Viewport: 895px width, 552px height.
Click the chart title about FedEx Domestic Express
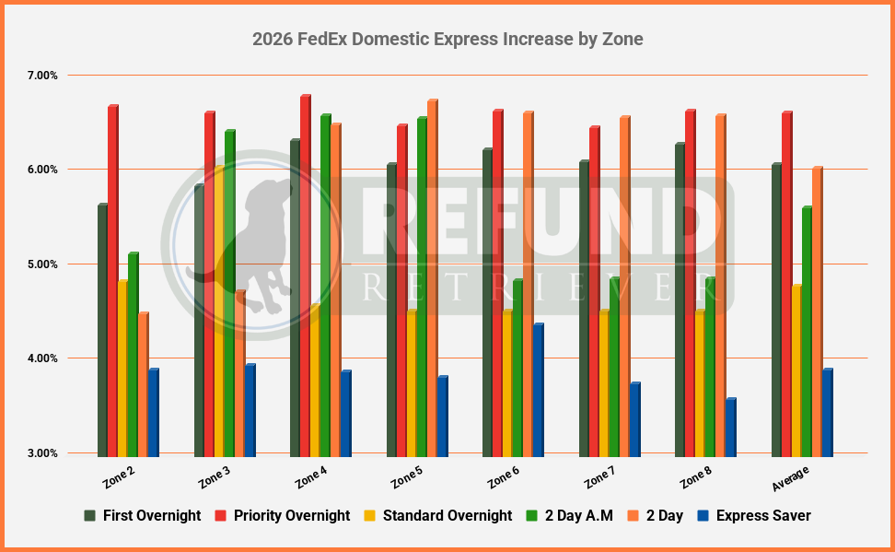pos(447,40)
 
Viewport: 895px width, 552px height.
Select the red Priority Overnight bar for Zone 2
pos(112,281)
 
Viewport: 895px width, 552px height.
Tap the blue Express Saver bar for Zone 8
pos(729,428)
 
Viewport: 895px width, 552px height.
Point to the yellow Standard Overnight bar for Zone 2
pos(122,369)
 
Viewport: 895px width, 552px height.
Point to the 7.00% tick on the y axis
pos(42,76)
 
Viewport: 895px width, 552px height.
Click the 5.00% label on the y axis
pos(42,264)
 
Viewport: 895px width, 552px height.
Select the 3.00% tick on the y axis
pos(42,453)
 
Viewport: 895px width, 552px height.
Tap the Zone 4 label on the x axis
pos(310,476)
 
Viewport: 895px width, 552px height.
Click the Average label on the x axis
pos(789,473)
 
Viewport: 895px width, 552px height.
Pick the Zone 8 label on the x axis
pos(694,476)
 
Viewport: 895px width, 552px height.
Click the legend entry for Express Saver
pos(754,516)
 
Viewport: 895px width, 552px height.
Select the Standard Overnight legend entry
pos(437,516)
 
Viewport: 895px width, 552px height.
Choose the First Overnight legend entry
pos(142,516)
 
